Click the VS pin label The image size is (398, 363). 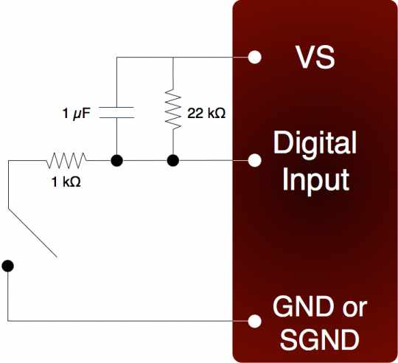coord(315,57)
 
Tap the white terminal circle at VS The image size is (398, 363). coord(254,57)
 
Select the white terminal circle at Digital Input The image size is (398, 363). coord(254,160)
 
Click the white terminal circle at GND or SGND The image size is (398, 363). coord(254,321)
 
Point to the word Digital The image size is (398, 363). coord(315,142)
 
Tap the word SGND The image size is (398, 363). coord(320,339)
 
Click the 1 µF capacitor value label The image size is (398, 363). coord(76,114)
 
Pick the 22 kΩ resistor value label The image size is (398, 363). coord(206,114)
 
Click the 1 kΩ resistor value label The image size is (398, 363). coord(66,182)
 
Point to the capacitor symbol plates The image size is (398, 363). coord(116,113)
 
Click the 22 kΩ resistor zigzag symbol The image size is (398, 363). coord(173,109)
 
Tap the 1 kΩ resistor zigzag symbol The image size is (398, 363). coord(66,161)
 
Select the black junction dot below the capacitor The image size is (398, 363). coord(116,161)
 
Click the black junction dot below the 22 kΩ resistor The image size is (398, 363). coord(173,161)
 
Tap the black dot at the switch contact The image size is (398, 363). coord(7,266)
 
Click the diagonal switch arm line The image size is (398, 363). coord(32,232)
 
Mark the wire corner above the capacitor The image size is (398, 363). coord(116,57)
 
